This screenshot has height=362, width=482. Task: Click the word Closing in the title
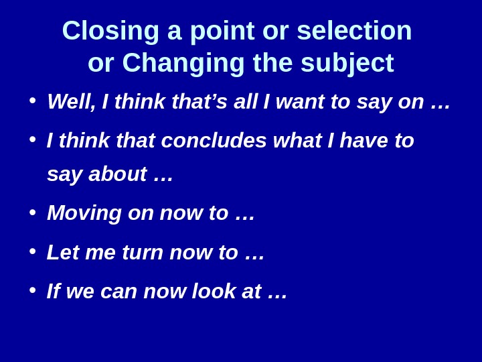110,31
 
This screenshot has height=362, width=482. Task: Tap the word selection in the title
354,31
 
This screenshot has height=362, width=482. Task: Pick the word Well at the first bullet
72,102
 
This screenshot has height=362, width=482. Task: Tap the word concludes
214,141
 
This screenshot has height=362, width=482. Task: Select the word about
117,174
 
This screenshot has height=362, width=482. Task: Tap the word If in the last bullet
53,292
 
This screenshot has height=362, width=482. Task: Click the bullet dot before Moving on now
32,212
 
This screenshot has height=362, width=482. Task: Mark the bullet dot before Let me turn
32,251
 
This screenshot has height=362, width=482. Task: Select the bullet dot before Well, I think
32,100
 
